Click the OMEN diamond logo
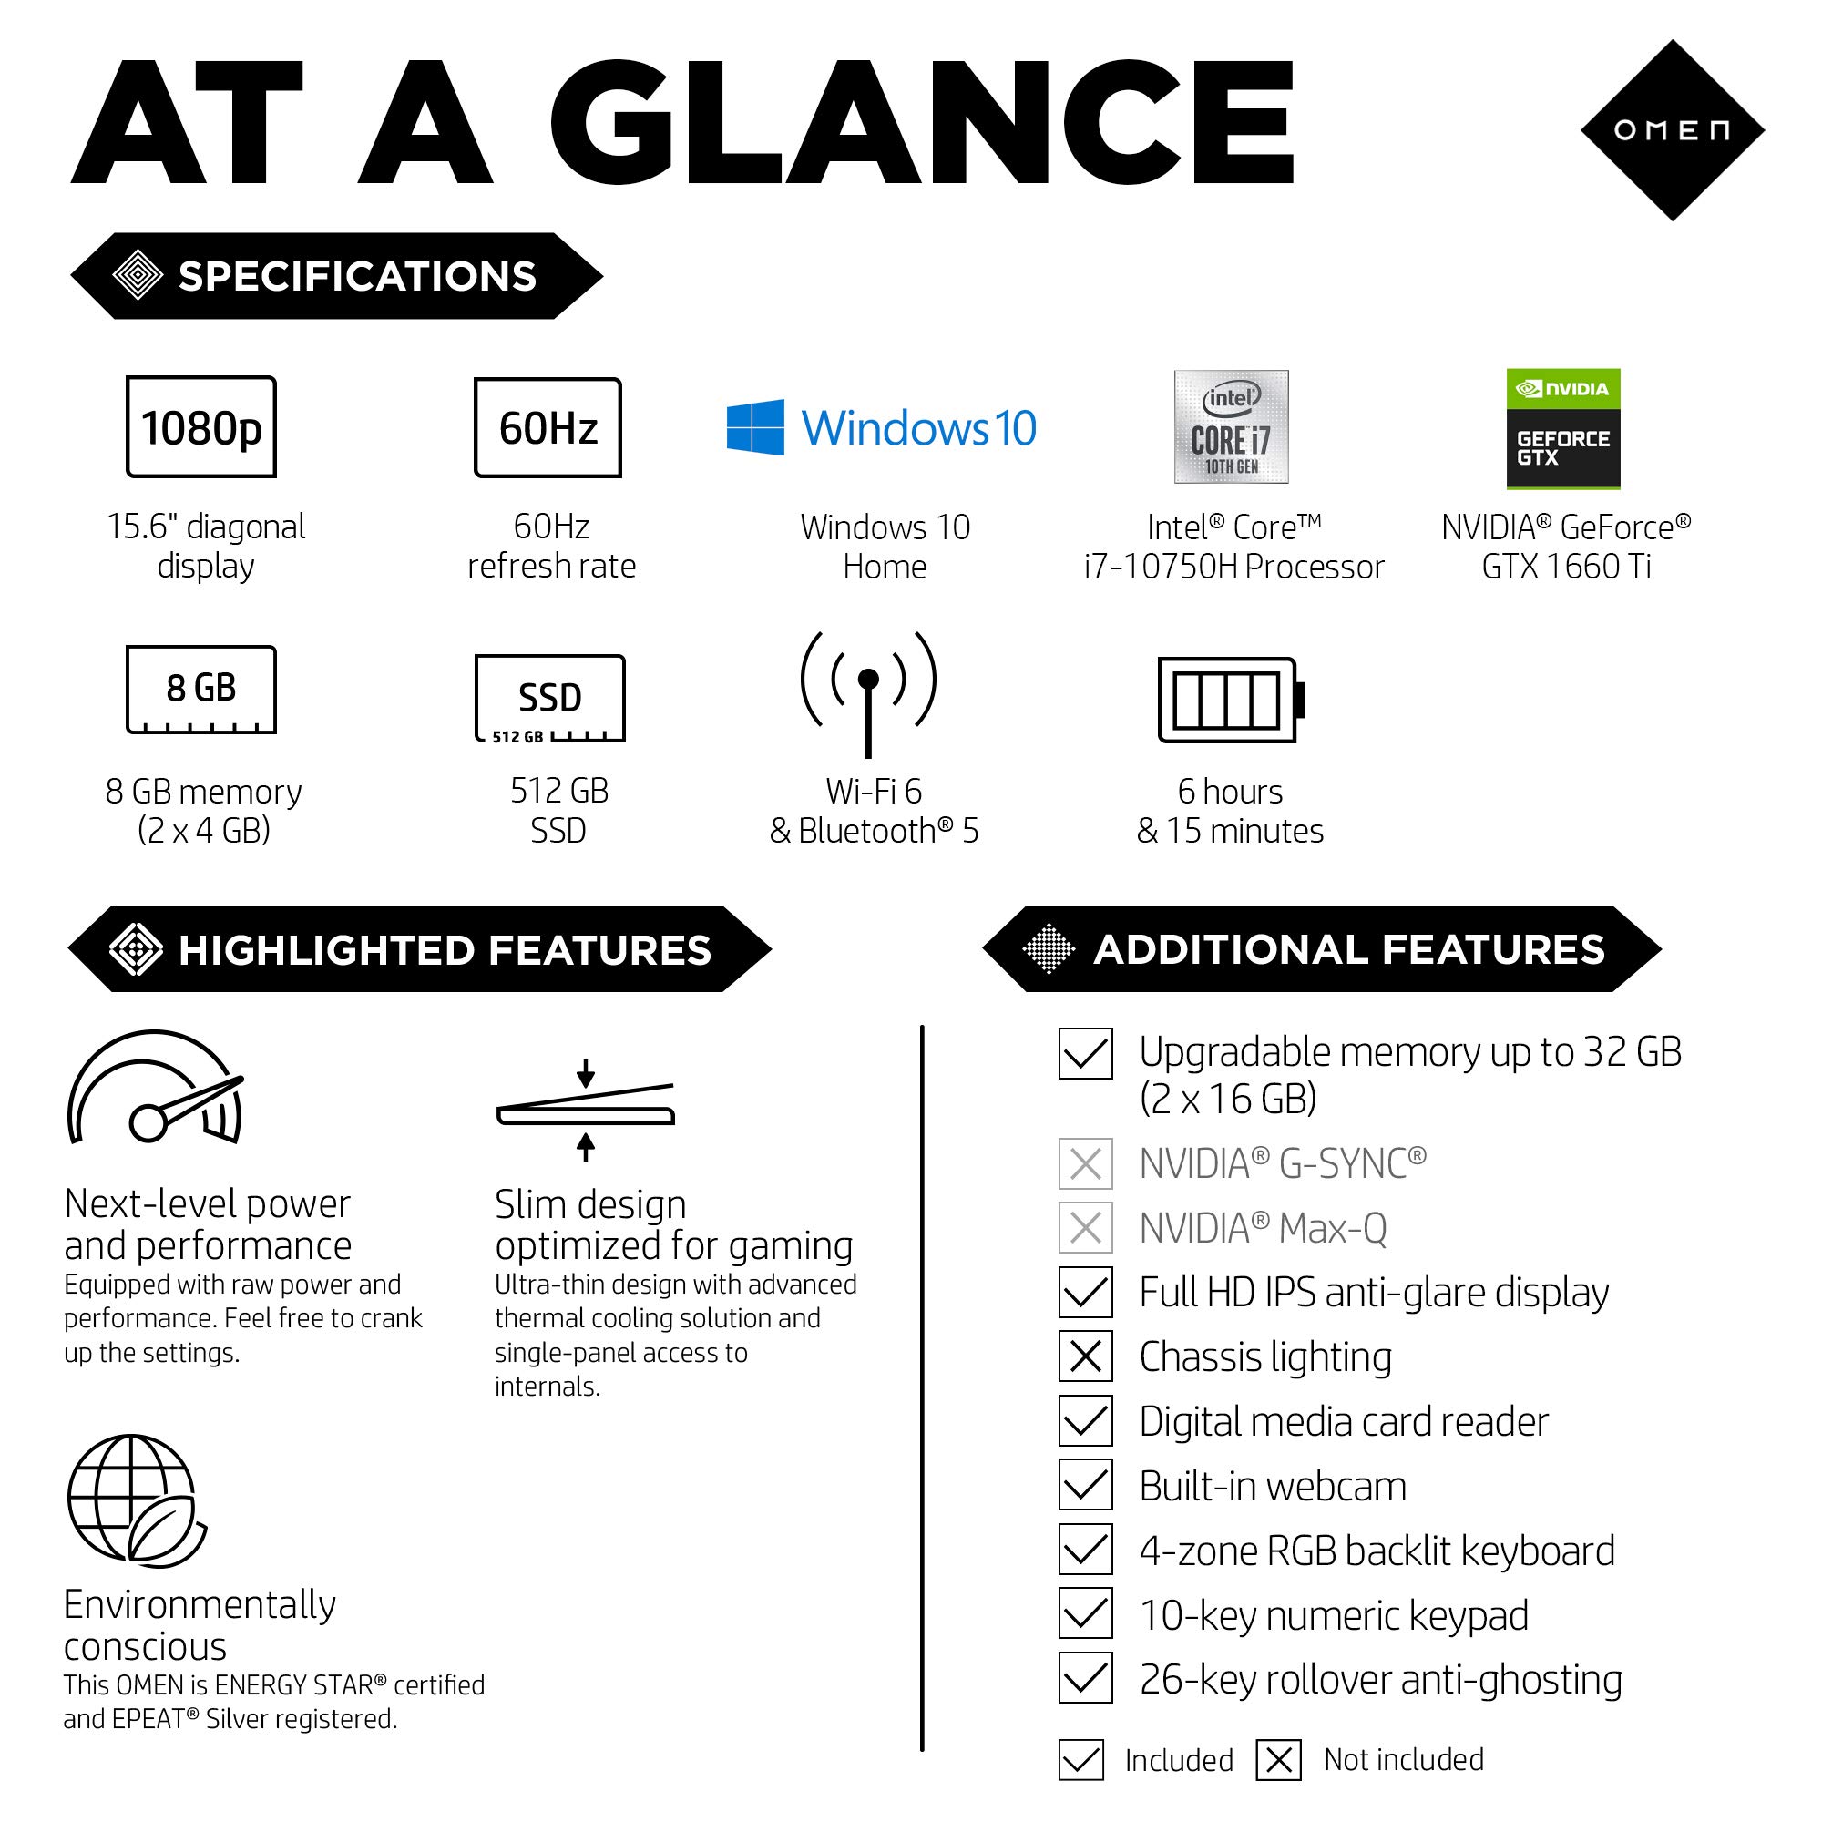coord(1671,130)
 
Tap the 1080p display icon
coord(200,427)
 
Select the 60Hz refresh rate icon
coord(547,427)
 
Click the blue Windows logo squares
coord(755,427)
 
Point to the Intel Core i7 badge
coord(1231,427)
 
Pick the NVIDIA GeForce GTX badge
coord(1562,429)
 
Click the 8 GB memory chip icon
coord(200,690)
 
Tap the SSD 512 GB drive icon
coord(550,699)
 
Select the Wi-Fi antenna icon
coord(867,694)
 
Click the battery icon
coord(1230,700)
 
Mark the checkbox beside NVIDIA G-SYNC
coord(1086,1163)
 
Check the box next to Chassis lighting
coord(1086,1357)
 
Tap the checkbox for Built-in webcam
coord(1086,1485)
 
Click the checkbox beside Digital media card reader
coord(1086,1421)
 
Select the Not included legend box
coord(1279,1760)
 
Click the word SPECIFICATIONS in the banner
coord(357,276)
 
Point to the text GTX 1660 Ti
coord(1566,566)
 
